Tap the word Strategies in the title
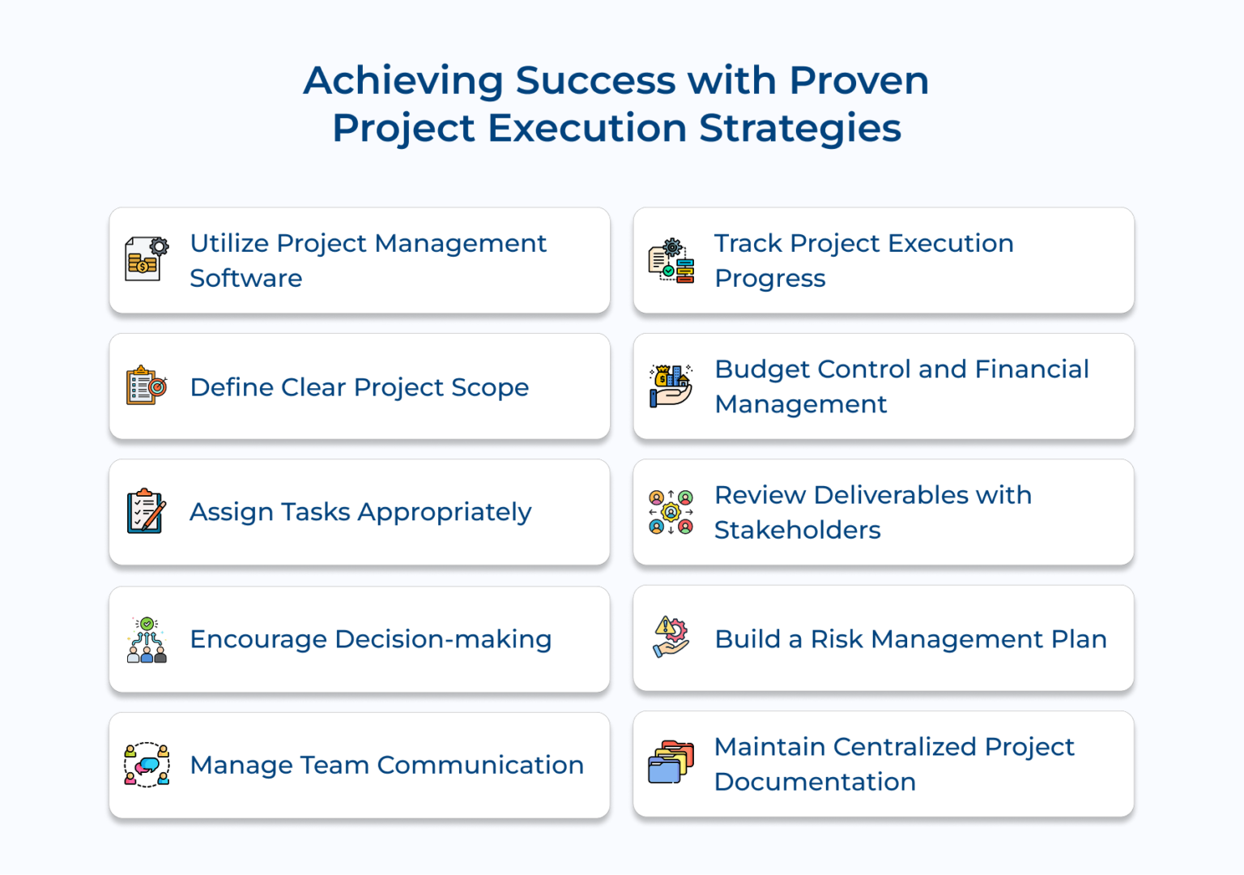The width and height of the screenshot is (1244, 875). pos(799,128)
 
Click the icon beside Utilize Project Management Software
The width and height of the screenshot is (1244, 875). pos(147,259)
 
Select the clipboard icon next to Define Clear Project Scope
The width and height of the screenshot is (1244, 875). pos(147,386)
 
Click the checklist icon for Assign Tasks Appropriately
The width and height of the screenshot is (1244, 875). pos(147,511)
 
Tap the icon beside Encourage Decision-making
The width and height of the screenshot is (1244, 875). pos(147,639)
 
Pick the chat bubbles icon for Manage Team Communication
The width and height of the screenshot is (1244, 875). pos(147,765)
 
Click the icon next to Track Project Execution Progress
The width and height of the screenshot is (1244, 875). pos(671,260)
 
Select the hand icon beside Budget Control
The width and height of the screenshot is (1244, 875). pos(671,386)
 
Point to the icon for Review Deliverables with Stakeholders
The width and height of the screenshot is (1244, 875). pos(671,512)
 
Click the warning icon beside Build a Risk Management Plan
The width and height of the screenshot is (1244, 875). pos(671,637)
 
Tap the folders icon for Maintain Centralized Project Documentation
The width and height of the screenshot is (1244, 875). pos(671,763)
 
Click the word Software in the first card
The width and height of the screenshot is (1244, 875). pos(246,278)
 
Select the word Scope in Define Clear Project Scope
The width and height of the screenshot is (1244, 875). pos(489,387)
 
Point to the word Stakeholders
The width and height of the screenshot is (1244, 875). pos(797,530)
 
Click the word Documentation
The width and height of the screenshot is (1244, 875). pos(815,782)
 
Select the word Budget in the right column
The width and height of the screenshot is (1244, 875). pos(761,369)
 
